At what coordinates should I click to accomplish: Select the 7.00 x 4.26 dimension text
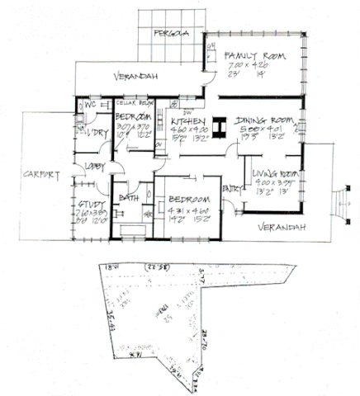point(249,66)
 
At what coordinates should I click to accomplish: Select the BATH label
point(127,198)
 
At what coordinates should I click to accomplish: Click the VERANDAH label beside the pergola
point(135,77)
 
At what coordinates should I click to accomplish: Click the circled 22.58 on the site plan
point(152,268)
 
